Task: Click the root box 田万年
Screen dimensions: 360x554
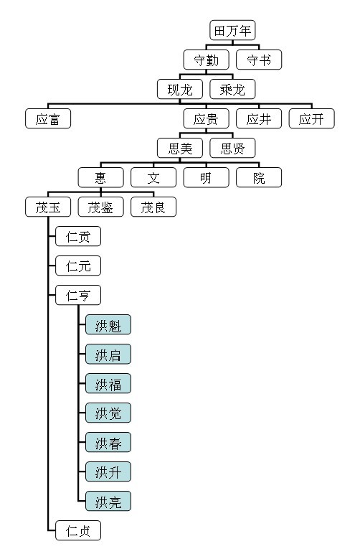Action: click(x=232, y=30)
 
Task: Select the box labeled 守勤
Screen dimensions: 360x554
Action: click(x=206, y=60)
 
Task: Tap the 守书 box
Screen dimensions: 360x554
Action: click(x=259, y=60)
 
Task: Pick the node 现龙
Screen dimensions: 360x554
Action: click(x=180, y=90)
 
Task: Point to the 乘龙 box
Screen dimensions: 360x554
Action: click(x=232, y=90)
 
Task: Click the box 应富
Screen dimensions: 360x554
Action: click(x=48, y=118)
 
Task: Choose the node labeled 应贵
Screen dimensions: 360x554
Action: click(x=206, y=118)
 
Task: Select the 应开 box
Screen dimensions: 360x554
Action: click(x=311, y=118)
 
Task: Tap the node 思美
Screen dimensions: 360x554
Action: click(x=180, y=148)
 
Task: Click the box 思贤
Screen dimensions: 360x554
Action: click(x=232, y=148)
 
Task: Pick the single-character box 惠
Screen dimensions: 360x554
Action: click(x=100, y=177)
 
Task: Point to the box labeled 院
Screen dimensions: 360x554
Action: click(x=259, y=177)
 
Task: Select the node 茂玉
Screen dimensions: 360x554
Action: click(x=48, y=207)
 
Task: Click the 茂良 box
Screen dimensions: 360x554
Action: click(x=153, y=207)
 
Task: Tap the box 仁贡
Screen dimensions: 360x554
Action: click(x=78, y=236)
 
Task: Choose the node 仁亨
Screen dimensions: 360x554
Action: click(x=78, y=296)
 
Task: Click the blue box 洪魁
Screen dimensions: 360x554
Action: click(x=108, y=324)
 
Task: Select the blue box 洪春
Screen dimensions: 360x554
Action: click(x=108, y=442)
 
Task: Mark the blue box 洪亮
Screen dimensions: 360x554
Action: click(x=108, y=502)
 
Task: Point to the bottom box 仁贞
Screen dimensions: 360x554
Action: click(x=78, y=531)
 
